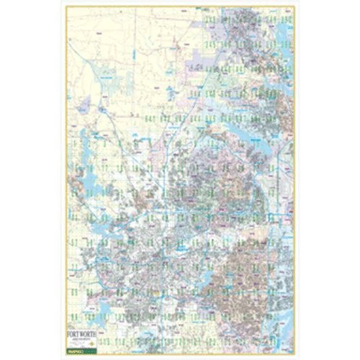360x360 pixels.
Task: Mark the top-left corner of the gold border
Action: click(x=66, y=6)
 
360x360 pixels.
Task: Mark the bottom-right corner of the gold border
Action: click(x=294, y=354)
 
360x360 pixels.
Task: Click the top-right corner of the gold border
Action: click(x=294, y=6)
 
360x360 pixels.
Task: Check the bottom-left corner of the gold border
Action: click(x=66, y=354)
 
